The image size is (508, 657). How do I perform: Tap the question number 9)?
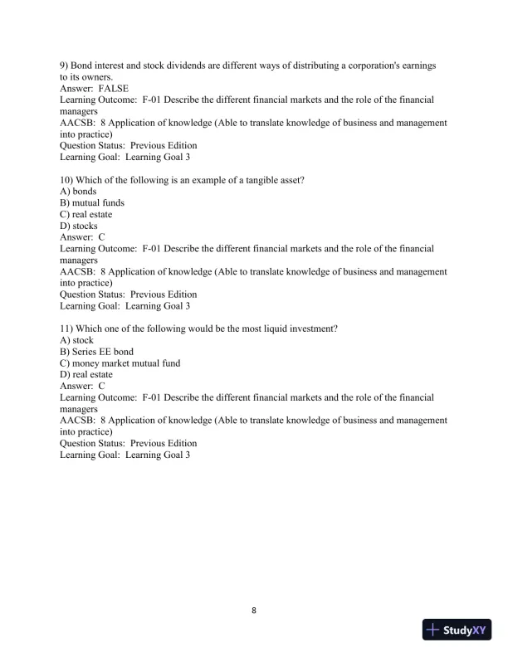tap(65, 65)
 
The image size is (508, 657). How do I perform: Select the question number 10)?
tap(67, 179)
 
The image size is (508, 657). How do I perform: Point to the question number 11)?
tap(67, 328)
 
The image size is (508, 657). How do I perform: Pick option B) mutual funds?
tap(92, 202)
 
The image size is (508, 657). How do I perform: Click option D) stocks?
tap(79, 226)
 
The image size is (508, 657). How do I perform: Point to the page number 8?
tap(254, 611)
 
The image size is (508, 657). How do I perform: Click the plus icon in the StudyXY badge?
tap(432, 630)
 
